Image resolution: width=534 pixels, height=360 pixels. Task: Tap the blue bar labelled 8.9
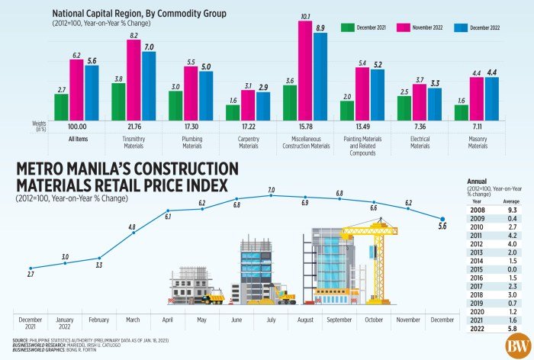tap(320, 76)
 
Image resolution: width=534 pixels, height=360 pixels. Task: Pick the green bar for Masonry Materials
tap(462, 112)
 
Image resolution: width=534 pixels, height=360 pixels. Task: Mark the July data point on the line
tap(271, 196)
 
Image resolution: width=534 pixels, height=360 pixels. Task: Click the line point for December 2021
tap(31, 268)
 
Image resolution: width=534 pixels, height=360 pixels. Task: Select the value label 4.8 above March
tap(131, 227)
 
